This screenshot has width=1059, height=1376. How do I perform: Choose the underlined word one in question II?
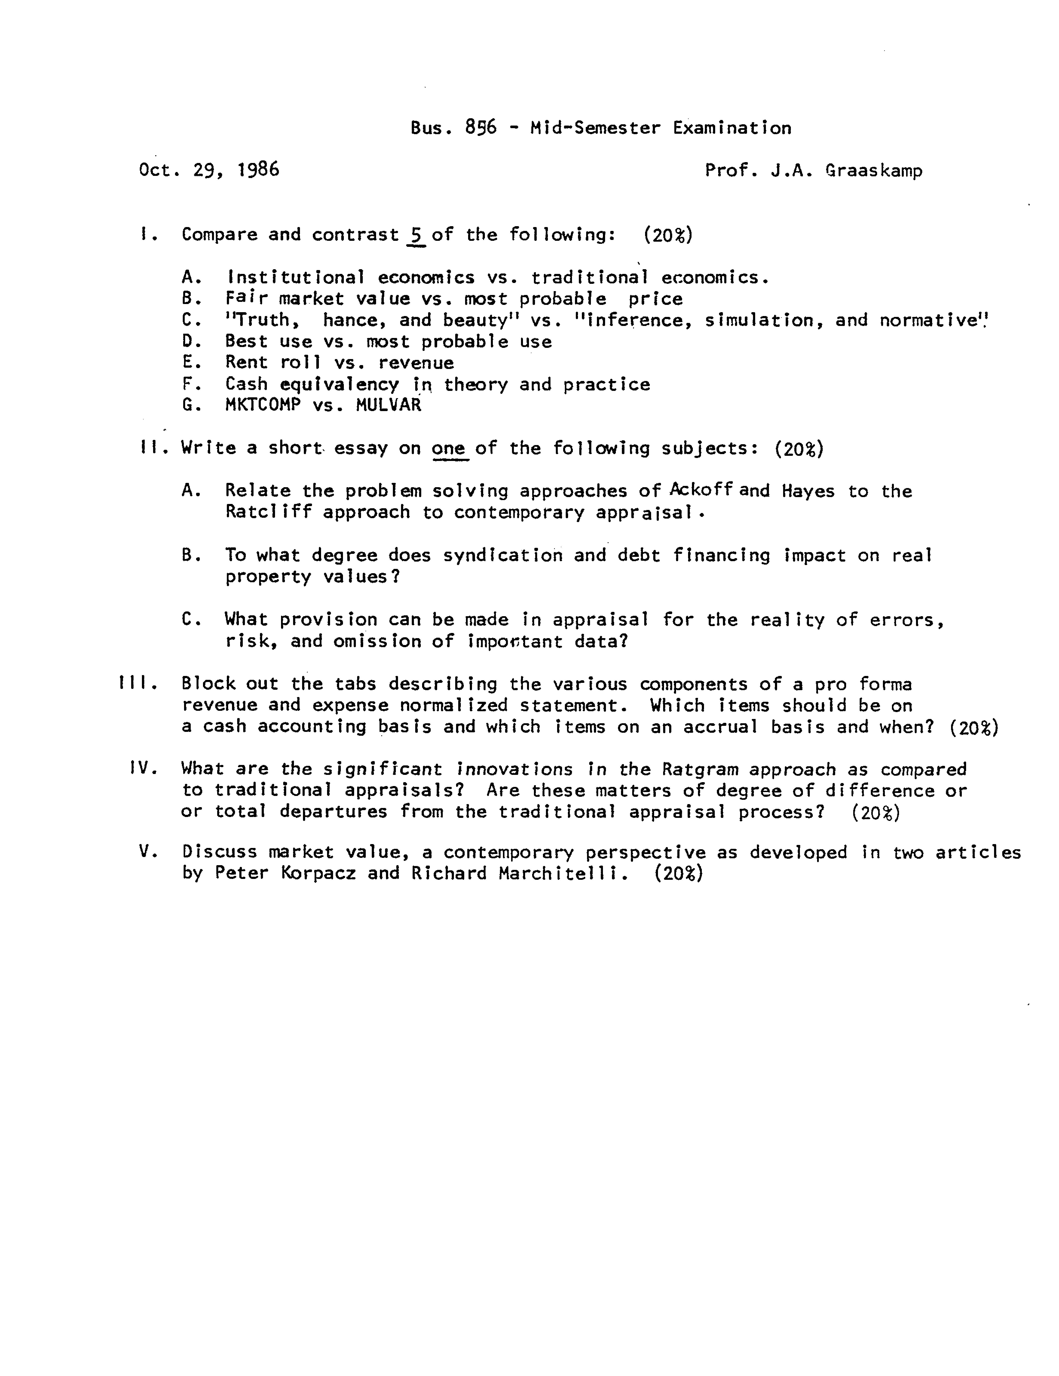[449, 448]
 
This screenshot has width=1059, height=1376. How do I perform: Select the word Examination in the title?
[732, 128]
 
